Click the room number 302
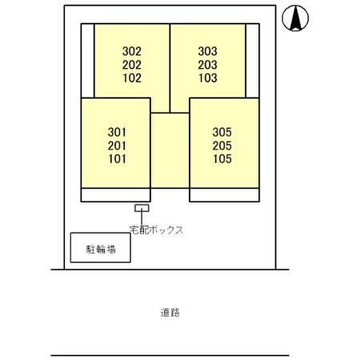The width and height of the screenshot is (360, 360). pos(132,51)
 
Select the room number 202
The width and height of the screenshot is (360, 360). pos(132,65)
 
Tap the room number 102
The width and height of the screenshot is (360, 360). pos(132,78)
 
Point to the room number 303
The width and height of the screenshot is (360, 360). pos(208,51)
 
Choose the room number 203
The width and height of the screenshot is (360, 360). pos(208,65)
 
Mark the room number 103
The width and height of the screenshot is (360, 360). pos(208,78)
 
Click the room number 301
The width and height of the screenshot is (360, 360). pos(117,132)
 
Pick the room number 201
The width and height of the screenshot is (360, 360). pos(117,146)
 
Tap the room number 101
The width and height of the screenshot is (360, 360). pos(117,159)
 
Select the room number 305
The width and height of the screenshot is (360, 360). pos(222,132)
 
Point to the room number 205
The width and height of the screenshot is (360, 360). pos(222,146)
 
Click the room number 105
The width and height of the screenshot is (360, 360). pos(222,159)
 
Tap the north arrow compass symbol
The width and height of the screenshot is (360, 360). pos(295,18)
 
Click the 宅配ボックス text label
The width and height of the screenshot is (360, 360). pos(156,230)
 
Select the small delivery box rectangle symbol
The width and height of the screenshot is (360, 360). pos(142,208)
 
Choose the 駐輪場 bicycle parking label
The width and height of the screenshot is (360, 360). pos(101,249)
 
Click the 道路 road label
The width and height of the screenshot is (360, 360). pos(170,313)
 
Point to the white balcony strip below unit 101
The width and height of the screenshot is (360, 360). pos(116,195)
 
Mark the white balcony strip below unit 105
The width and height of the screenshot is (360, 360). pos(225,195)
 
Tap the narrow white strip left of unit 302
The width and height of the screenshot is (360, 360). pos(87,61)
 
